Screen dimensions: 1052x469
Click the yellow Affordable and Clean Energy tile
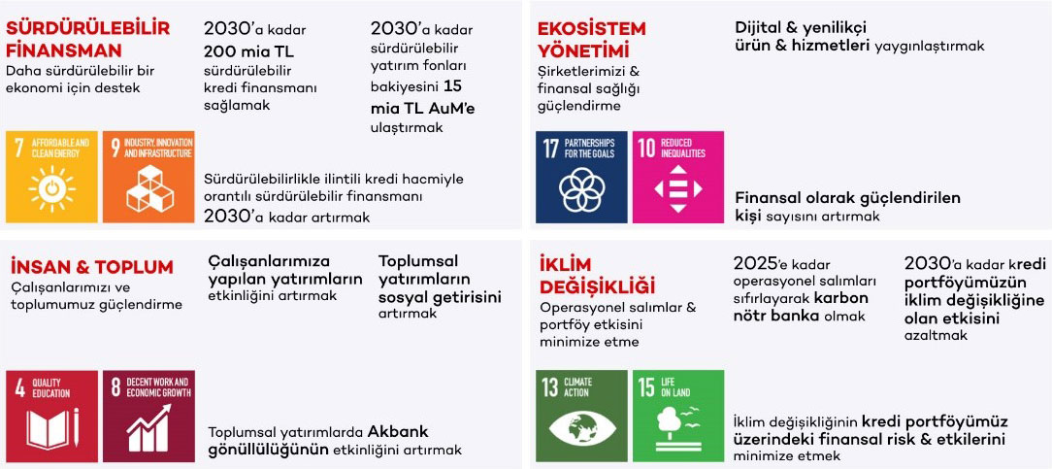(51, 177)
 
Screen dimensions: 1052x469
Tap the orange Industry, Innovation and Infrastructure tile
(148, 177)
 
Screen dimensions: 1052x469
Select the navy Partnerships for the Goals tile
(581, 177)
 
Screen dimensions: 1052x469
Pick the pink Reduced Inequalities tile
(678, 177)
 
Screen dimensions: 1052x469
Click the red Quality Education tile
(51, 416)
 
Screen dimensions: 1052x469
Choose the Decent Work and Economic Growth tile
(148, 416)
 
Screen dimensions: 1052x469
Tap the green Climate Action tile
(581, 416)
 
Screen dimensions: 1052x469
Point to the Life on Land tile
(678, 416)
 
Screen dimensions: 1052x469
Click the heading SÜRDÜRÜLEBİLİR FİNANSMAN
(88, 39)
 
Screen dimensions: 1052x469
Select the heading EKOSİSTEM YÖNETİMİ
(591, 39)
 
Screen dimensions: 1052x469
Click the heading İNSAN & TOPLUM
(92, 267)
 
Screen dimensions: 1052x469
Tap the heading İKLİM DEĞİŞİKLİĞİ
(597, 275)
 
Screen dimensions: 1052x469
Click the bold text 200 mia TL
(248, 51)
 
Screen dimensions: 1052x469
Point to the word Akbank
(398, 431)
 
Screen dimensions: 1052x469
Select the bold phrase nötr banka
(775, 316)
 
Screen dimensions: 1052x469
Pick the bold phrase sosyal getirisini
(440, 297)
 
